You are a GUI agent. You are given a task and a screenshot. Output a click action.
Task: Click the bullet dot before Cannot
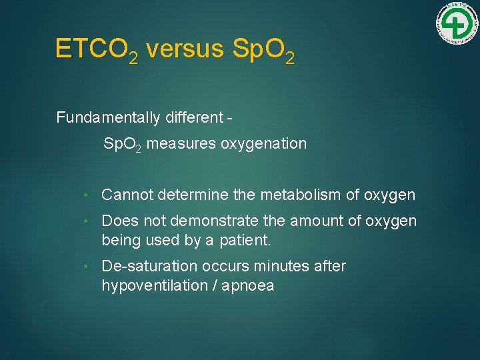tap(86, 195)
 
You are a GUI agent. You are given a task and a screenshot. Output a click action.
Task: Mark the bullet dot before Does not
tap(86, 221)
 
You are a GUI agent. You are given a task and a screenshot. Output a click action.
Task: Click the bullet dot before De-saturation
tap(86, 267)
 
